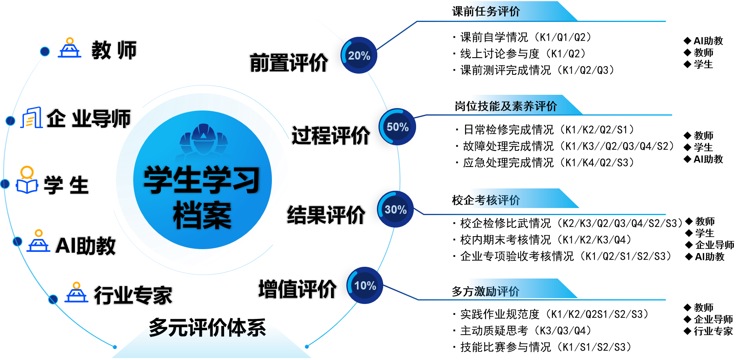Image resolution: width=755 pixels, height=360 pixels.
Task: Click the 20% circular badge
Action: (359, 55)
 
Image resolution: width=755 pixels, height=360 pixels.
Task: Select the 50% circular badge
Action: (397, 127)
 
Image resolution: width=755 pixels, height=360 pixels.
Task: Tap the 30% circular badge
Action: (395, 210)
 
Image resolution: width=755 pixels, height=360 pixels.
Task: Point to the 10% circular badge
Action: (365, 285)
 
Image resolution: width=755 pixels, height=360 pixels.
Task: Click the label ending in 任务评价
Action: (494, 11)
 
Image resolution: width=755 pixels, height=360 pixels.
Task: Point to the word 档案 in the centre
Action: (202, 215)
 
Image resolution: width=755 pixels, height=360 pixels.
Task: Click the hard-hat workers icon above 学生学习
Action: (203, 139)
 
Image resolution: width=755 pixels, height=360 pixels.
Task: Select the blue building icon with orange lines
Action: (32, 118)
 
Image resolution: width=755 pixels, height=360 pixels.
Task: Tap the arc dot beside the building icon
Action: (11, 121)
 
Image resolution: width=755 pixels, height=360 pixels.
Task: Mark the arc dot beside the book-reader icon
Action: (5, 184)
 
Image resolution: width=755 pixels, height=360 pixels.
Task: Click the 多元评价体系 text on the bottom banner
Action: (208, 330)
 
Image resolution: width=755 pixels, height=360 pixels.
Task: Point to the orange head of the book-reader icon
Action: (27, 172)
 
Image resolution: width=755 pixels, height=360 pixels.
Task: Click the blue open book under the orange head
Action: (27, 186)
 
